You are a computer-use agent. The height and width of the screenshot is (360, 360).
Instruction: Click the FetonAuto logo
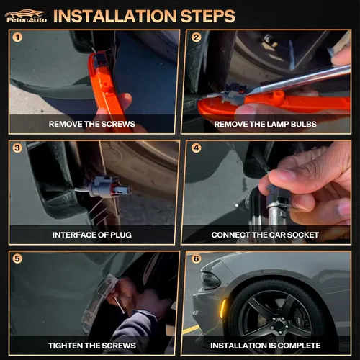click(x=26, y=16)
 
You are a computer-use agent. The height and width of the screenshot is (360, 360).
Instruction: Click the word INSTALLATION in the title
click(x=115, y=16)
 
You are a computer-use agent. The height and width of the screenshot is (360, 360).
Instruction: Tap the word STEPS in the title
click(x=208, y=16)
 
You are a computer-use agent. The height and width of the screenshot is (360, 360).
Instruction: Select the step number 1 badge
click(x=17, y=37)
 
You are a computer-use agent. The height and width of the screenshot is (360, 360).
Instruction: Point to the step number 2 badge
click(x=196, y=37)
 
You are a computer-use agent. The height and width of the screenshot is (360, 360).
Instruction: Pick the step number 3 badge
click(x=17, y=148)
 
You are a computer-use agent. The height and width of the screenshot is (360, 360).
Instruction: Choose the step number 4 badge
click(x=196, y=148)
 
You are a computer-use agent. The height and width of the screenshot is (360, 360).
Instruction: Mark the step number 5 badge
click(x=17, y=258)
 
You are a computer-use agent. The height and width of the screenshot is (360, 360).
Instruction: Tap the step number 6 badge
click(x=196, y=258)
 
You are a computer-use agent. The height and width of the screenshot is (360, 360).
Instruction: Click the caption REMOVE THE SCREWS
click(x=92, y=124)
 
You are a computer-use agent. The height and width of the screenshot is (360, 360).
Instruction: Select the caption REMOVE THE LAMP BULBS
click(x=265, y=124)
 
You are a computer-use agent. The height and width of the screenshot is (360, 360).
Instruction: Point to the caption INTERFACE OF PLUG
click(x=92, y=235)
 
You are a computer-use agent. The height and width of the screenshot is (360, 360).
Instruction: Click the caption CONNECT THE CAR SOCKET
click(x=265, y=235)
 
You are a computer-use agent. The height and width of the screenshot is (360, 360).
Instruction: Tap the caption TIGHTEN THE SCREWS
click(x=92, y=346)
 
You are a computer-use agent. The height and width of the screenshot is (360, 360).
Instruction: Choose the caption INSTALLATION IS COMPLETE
click(x=265, y=346)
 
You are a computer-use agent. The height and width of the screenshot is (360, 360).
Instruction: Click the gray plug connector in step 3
click(x=107, y=187)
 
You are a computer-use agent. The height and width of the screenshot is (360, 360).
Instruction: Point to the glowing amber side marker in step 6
click(x=224, y=308)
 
